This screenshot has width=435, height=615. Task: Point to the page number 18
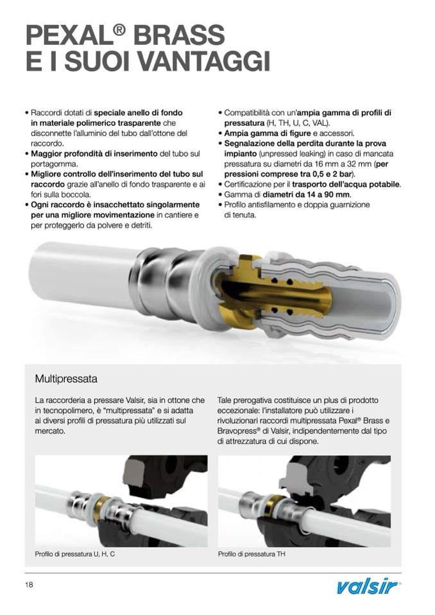coord(29,585)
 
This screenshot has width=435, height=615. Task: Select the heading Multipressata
coord(66,379)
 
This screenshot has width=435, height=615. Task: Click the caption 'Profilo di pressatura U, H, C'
coord(74,554)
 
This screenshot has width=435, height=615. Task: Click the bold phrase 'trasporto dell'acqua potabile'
coord(346,184)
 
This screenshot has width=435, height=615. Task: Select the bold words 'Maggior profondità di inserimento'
coord(94,154)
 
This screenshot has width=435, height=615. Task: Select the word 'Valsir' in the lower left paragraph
coord(135,400)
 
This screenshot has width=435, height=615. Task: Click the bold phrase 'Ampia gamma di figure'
coord(268,133)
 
